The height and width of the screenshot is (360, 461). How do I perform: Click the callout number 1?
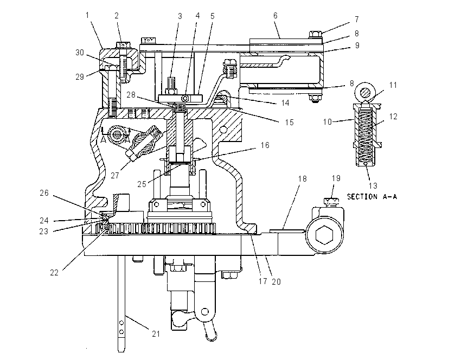point(87,15)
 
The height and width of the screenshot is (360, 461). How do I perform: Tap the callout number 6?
point(275,16)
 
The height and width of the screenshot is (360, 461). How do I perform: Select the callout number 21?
point(156,334)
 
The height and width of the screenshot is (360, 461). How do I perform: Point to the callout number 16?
point(265,145)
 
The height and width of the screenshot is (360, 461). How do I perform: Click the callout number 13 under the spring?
point(373,186)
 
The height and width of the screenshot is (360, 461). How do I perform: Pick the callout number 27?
point(114,176)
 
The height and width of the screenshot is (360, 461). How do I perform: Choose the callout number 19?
point(336,178)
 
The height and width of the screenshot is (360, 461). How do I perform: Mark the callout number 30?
point(80,53)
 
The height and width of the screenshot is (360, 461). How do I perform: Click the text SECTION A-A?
point(372,197)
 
